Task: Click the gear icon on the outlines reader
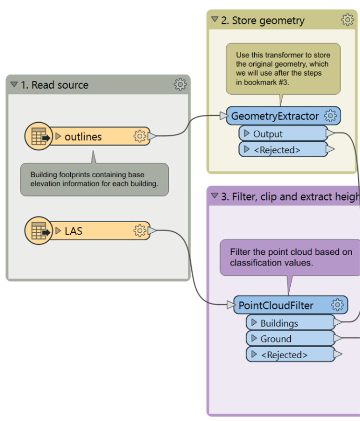pos(140,136)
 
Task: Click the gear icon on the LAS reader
pos(140,231)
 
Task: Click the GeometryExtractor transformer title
pos(275,116)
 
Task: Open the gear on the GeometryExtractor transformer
pos(330,116)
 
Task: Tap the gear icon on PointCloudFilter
pos(337,305)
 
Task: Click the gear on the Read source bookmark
pos(180,85)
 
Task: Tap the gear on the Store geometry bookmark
pos(347,20)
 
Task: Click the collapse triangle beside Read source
pos(14,85)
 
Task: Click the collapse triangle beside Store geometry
pos(215,20)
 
